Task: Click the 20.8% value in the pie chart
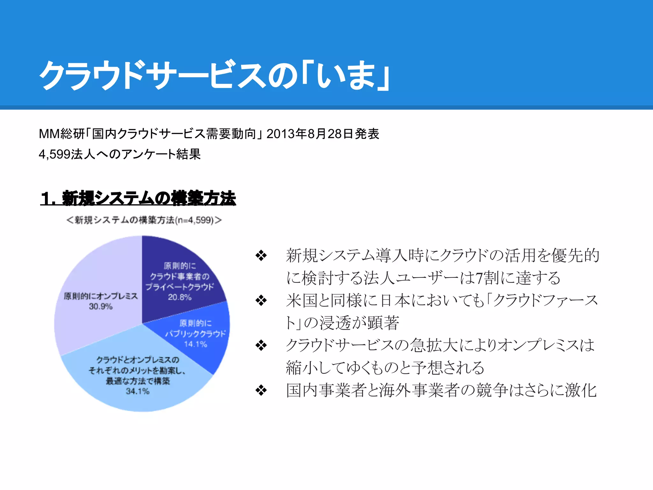click(x=180, y=297)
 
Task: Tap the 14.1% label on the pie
click(x=195, y=344)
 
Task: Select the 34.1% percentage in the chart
click(x=137, y=391)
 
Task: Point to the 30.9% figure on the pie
click(x=101, y=307)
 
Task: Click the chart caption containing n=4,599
click(x=144, y=220)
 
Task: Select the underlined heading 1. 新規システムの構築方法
click(x=138, y=198)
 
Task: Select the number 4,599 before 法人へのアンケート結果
click(x=55, y=154)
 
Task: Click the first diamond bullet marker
click(x=261, y=256)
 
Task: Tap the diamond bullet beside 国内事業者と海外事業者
click(x=261, y=390)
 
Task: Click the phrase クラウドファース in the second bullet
click(x=545, y=301)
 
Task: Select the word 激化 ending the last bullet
click(x=581, y=390)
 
